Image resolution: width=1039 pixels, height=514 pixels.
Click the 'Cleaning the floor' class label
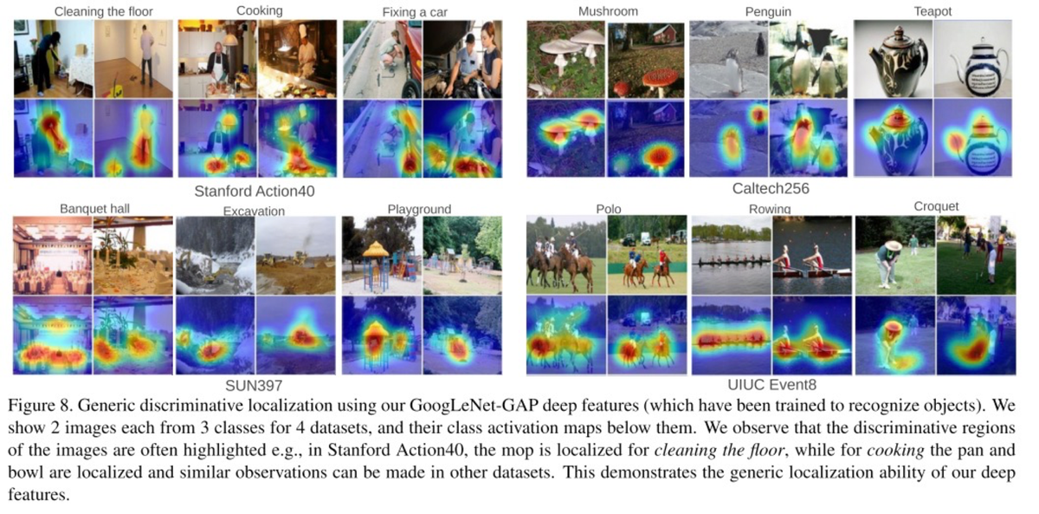[103, 11]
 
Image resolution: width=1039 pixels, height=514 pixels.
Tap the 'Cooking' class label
[259, 10]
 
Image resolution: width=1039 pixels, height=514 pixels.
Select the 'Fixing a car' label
[415, 12]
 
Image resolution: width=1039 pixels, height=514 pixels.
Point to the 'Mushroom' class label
[608, 11]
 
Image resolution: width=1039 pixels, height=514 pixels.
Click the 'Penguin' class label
[768, 11]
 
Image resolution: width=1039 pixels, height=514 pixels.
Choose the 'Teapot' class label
[933, 11]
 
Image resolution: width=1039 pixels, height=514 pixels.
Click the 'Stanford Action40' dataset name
[255, 191]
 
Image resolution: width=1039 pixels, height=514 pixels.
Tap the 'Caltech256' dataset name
[771, 188]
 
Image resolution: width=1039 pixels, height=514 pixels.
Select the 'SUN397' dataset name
[254, 386]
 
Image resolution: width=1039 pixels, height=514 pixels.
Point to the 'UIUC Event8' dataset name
[771, 385]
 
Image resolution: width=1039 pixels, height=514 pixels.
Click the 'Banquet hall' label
[94, 209]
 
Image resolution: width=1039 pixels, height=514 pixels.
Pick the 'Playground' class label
[419, 209]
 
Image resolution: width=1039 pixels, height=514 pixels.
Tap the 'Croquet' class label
[936, 206]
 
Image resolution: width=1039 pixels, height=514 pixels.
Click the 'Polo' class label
[608, 209]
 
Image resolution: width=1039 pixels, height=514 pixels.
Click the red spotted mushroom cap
[660, 77]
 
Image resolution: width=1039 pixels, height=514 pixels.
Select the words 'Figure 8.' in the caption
[41, 406]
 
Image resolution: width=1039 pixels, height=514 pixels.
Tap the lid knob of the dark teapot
[899, 32]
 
